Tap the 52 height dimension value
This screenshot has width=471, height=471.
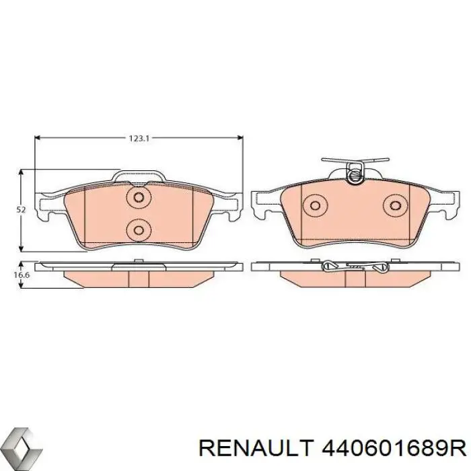(21, 210)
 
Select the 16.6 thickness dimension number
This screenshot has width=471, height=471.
(22, 275)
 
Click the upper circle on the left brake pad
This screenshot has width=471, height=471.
(139, 198)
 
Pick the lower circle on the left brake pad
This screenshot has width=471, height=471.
(139, 230)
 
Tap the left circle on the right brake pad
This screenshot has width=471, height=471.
(314, 205)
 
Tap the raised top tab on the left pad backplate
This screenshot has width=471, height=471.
(139, 177)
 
